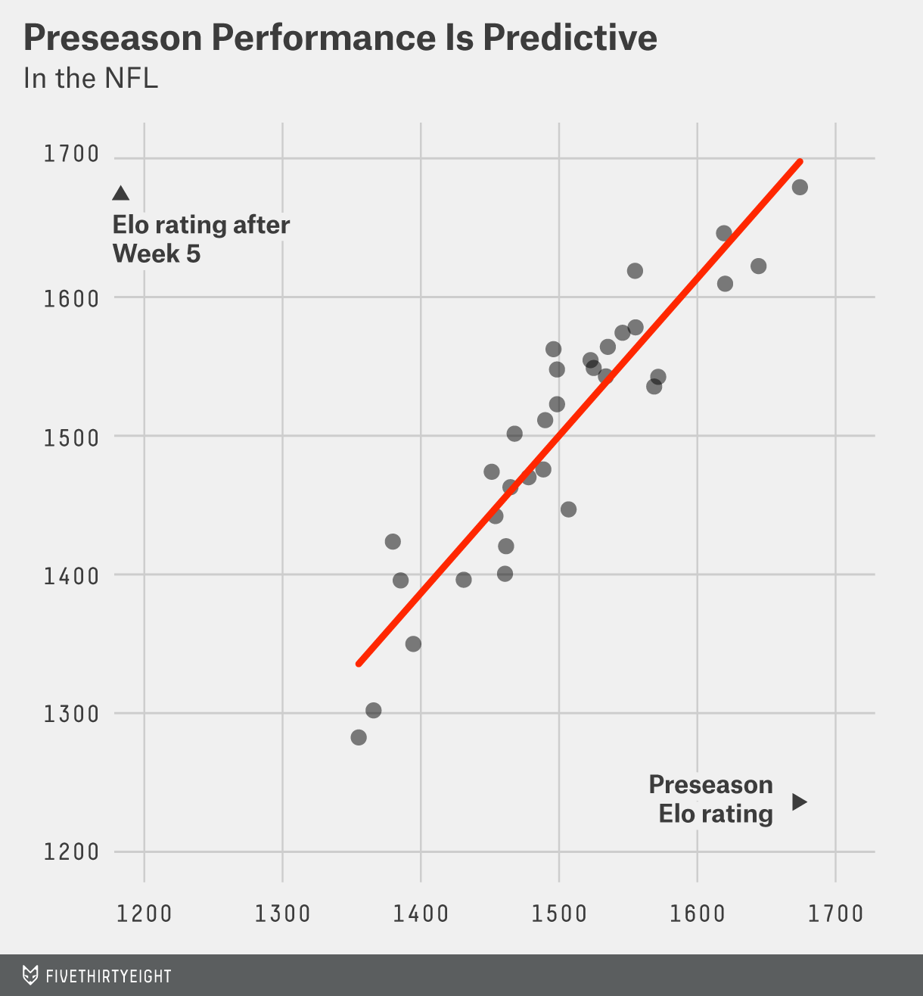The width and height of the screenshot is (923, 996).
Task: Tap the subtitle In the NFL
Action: pyautogui.click(x=91, y=79)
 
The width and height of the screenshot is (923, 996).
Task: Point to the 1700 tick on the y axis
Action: pyautogui.click(x=72, y=154)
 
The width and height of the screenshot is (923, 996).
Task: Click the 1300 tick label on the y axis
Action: pyautogui.click(x=72, y=714)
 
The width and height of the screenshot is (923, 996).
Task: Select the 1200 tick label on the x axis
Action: pyautogui.click(x=145, y=914)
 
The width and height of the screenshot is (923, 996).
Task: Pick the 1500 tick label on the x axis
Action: pyautogui.click(x=559, y=914)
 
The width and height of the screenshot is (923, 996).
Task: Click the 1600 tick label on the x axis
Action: pyautogui.click(x=698, y=914)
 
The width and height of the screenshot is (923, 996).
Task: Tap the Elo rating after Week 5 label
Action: pyautogui.click(x=200, y=239)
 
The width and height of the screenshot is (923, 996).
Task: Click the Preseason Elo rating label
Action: pyautogui.click(x=710, y=799)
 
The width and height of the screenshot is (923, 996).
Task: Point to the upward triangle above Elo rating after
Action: pyautogui.click(x=120, y=194)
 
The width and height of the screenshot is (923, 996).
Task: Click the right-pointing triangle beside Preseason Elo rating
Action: pyautogui.click(x=799, y=801)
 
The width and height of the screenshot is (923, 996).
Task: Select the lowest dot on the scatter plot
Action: pyautogui.click(x=359, y=737)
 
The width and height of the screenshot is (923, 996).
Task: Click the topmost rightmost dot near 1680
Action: pyautogui.click(x=800, y=187)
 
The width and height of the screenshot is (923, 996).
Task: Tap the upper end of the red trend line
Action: pyautogui.click(x=800, y=162)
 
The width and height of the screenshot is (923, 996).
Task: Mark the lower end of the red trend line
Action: pyautogui.click(x=359, y=664)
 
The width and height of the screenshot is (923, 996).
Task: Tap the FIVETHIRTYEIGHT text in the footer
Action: pyautogui.click(x=108, y=976)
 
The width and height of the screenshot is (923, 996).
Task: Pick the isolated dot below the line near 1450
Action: pyautogui.click(x=568, y=509)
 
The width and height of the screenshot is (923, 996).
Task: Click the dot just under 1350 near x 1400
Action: pyautogui.click(x=413, y=644)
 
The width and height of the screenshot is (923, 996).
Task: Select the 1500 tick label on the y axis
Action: pyautogui.click(x=72, y=437)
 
